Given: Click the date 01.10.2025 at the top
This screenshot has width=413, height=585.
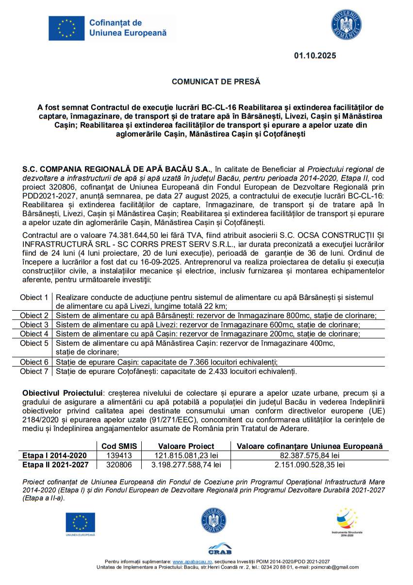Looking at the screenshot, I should (x=314, y=56).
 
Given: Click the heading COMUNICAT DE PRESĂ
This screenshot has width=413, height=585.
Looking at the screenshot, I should (x=216, y=82).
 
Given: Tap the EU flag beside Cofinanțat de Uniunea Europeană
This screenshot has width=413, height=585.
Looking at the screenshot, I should (x=66, y=28).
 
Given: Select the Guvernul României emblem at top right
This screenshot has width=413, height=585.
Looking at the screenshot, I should (x=346, y=25).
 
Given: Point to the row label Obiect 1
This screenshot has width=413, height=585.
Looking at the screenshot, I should (x=34, y=297).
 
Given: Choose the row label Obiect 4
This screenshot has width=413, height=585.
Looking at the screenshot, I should (x=34, y=334).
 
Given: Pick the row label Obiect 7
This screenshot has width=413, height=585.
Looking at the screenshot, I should (x=34, y=371).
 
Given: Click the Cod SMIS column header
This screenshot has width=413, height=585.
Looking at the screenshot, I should (x=119, y=446).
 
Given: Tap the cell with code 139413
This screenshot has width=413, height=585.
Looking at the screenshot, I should (x=119, y=455).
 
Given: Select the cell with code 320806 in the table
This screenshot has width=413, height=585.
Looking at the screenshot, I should (x=119, y=465).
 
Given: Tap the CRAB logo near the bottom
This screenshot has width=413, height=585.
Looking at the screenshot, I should (x=220, y=548).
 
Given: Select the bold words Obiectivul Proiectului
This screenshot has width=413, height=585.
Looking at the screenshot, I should (x=63, y=392).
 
